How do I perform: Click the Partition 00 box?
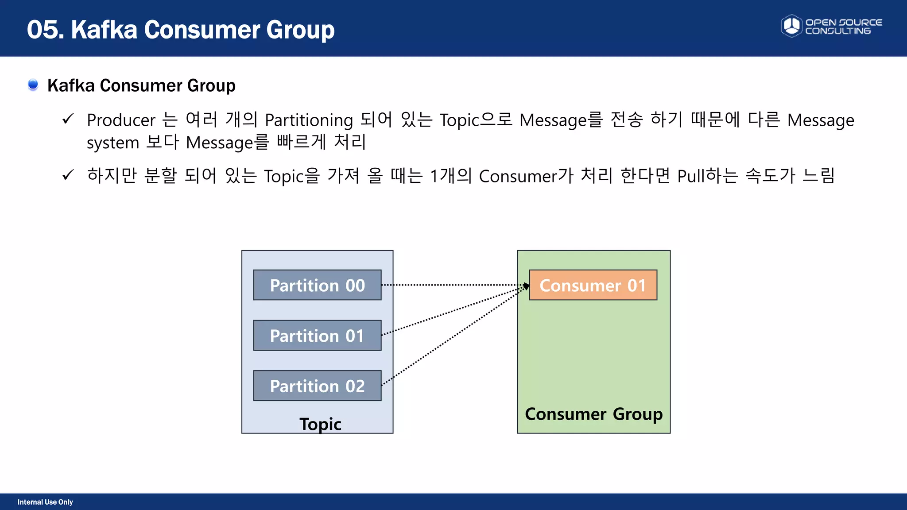point(317,285)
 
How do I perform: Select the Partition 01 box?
point(317,336)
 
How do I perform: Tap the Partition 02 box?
point(317,386)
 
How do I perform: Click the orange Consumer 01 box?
point(593,285)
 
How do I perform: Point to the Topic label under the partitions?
point(320,424)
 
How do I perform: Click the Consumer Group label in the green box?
point(593,414)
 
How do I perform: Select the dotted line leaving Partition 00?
point(452,285)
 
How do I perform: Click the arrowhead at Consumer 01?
point(526,286)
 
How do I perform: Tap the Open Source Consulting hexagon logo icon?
point(791,26)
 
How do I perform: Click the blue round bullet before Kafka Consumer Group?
point(33,84)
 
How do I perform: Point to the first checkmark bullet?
point(68,119)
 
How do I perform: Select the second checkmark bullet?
point(68,175)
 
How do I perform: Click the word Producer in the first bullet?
point(121,120)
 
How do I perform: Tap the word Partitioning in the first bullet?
point(309,120)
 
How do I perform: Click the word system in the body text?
point(113,143)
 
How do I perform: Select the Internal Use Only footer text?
point(45,502)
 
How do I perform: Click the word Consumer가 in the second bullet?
point(526,176)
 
